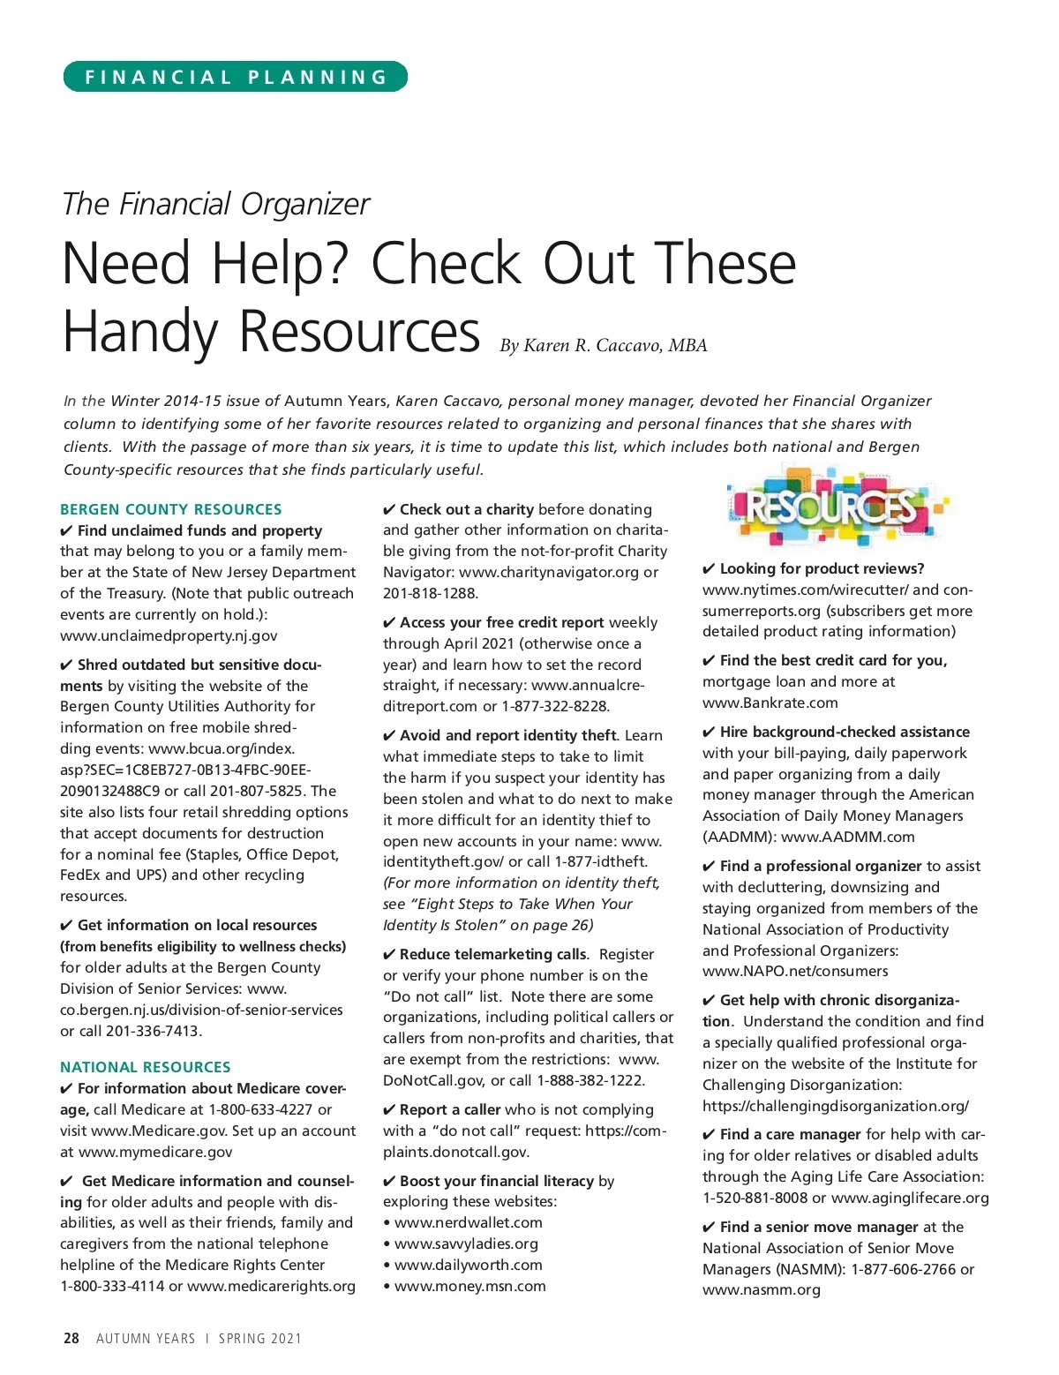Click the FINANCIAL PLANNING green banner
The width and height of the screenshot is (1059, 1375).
235,77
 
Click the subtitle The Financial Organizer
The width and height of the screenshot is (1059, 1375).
216,204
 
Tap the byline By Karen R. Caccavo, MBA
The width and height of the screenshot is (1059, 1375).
604,345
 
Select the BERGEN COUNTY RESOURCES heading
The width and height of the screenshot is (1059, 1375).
171,509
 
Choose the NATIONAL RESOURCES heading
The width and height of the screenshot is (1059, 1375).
146,1067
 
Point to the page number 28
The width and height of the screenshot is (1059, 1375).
71,1338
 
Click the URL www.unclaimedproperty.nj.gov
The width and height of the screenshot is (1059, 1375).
169,635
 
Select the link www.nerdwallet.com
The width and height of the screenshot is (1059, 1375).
468,1222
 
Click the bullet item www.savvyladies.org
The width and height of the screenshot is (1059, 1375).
466,1244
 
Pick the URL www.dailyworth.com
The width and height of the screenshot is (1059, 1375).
468,1265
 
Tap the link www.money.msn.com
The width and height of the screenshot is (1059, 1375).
469,1286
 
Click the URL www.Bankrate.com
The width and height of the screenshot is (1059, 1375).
770,703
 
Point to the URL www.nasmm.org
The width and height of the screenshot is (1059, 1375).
762,1289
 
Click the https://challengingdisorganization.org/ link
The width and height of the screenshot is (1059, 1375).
836,1106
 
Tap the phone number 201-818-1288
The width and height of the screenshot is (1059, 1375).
430,593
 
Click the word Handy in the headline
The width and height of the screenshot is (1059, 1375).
139,332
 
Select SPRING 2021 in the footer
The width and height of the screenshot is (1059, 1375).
260,1338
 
